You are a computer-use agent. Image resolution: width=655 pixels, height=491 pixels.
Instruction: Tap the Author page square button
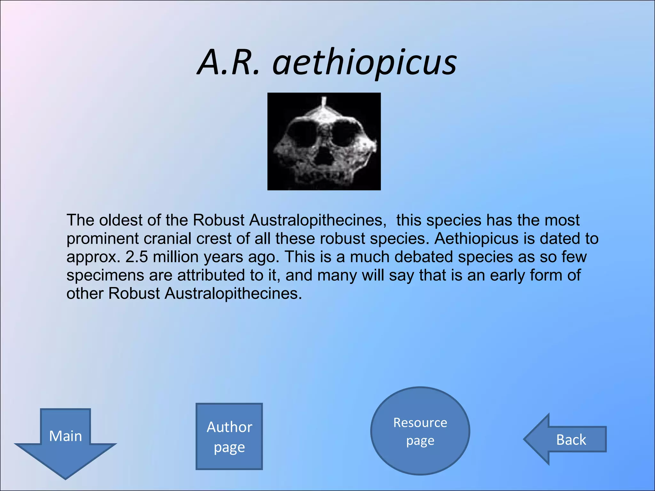click(229, 436)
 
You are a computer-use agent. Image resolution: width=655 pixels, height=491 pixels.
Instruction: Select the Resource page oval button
click(420, 431)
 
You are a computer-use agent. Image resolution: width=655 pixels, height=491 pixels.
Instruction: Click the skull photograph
click(324, 141)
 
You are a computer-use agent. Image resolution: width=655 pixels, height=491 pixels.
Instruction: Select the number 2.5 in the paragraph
click(137, 257)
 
